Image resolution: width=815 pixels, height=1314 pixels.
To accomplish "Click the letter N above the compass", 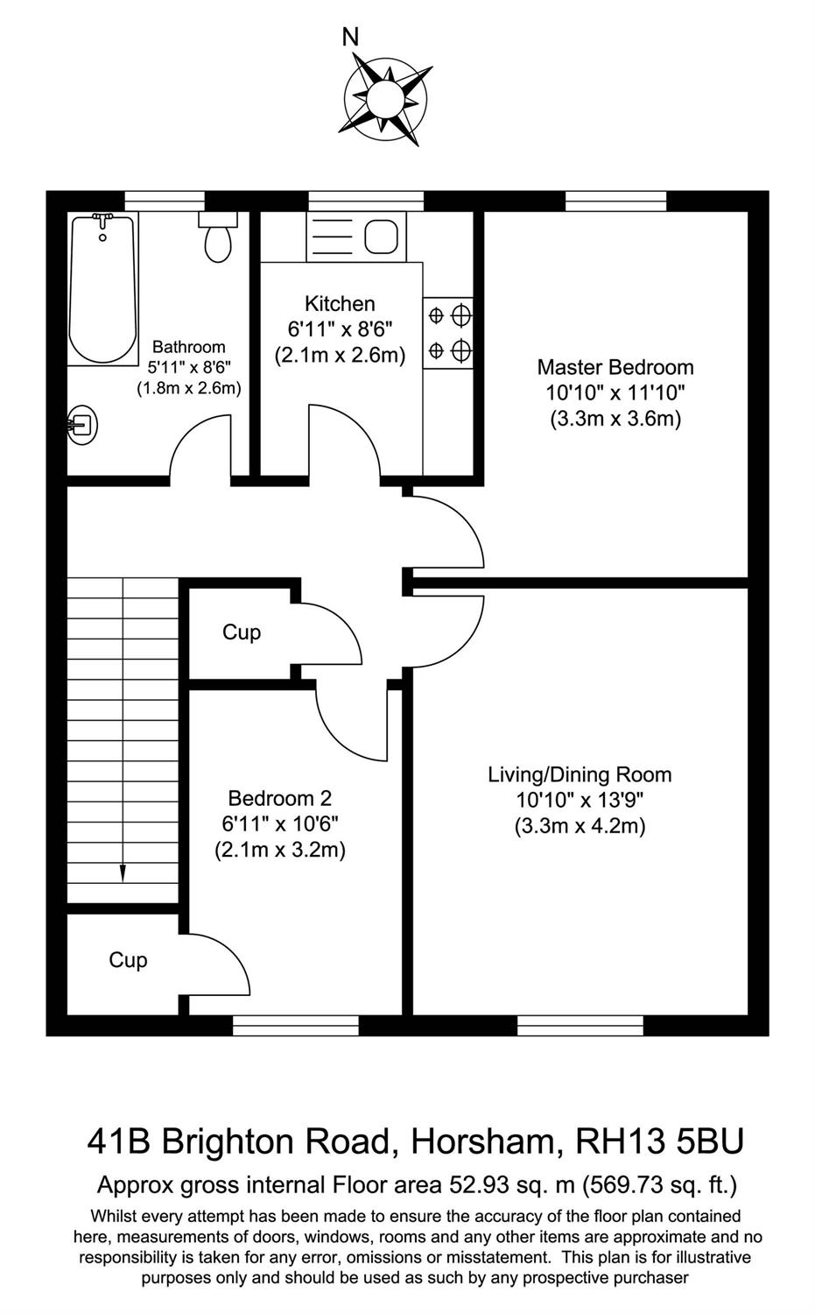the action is [350, 38].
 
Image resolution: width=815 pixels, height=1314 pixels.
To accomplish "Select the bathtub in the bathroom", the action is [102, 289].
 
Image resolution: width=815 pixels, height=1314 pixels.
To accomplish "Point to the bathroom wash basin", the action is [82, 423].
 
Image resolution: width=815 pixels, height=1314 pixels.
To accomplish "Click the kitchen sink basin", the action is [381, 237].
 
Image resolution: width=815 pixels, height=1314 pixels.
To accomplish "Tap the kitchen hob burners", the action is [448, 333].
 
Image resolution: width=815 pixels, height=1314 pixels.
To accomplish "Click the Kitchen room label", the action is [340, 304].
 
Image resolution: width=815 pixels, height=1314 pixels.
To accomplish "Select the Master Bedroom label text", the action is [615, 367].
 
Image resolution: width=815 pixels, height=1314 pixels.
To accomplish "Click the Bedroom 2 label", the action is [279, 798].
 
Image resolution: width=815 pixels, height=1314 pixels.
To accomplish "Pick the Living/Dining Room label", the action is [580, 775].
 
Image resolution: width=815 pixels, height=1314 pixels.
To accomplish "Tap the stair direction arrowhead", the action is [123, 873].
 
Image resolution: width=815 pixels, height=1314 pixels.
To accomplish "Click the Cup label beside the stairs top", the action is [242, 632].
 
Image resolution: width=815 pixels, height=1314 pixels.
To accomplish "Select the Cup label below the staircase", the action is [128, 960].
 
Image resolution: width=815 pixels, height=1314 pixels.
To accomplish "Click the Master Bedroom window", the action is [615, 201].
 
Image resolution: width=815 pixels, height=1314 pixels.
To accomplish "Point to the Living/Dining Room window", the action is [580, 1026].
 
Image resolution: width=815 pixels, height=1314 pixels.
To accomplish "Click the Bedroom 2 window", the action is [296, 1026].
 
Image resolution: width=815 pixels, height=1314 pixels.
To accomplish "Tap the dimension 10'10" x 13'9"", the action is [580, 800].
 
